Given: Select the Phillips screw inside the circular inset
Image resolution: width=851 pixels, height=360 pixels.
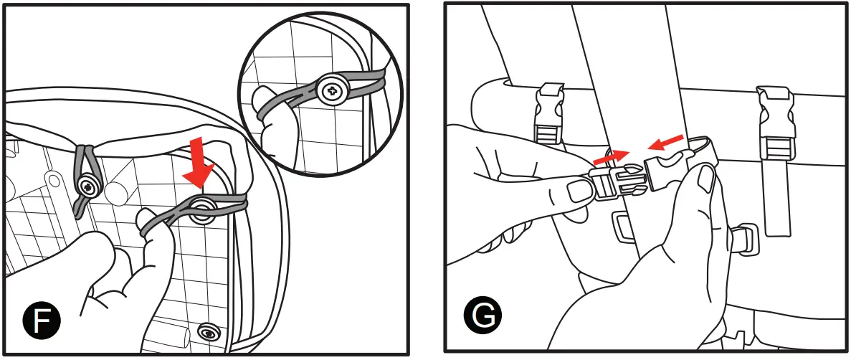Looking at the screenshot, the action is (x=333, y=91).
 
